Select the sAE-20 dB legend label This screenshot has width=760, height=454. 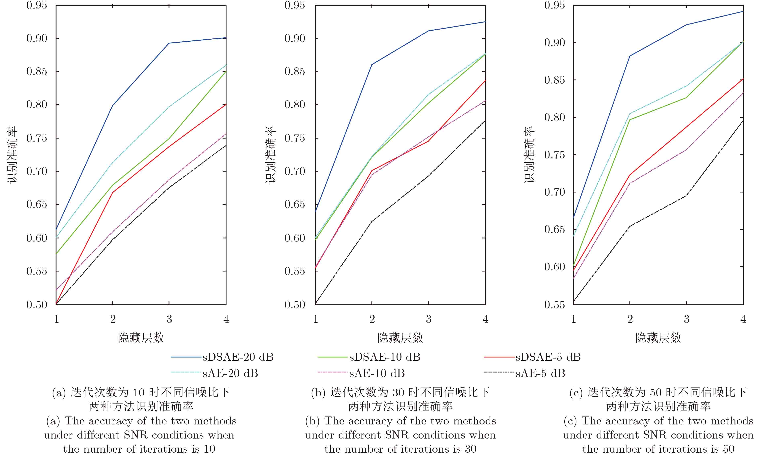(230, 373)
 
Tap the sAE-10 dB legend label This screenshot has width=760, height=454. (377, 373)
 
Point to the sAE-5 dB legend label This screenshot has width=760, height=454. (540, 373)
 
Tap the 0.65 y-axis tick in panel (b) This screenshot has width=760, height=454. (295, 204)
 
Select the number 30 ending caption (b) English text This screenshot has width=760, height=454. (470, 449)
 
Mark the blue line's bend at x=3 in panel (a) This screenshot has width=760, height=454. (169, 43)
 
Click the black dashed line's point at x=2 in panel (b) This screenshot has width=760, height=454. (372, 221)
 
